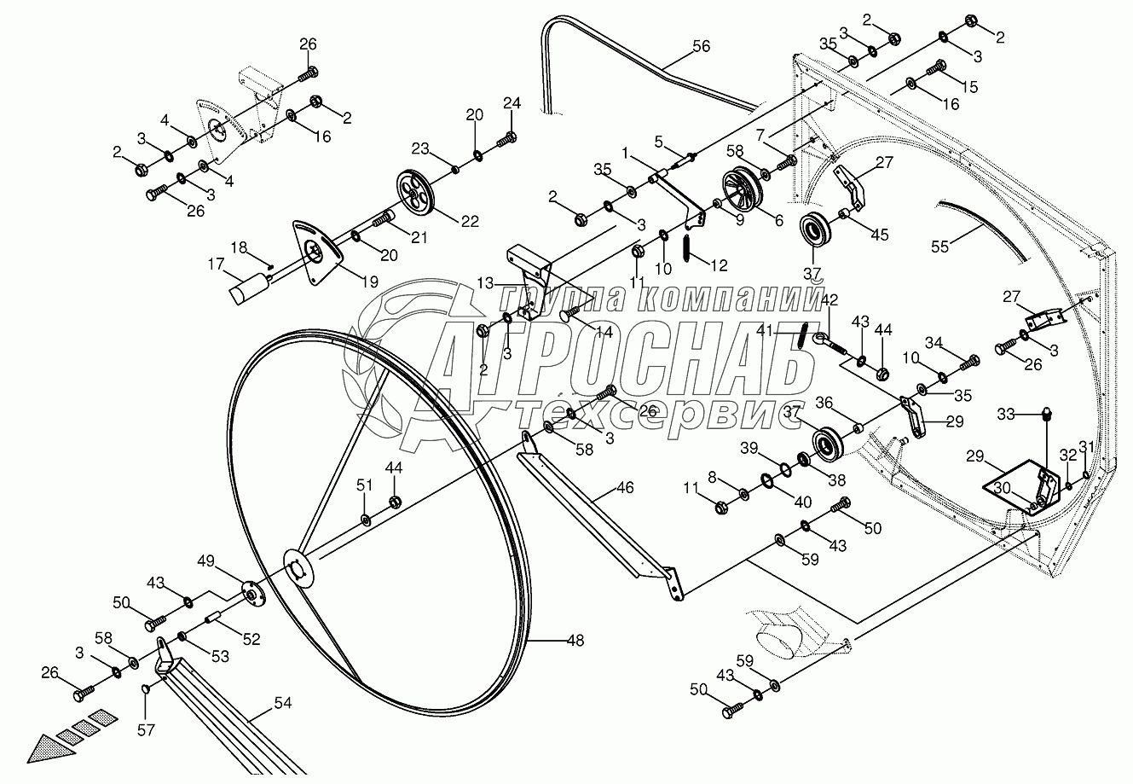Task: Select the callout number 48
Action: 575,639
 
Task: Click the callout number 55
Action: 939,247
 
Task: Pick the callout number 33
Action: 1006,415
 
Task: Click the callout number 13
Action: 485,282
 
